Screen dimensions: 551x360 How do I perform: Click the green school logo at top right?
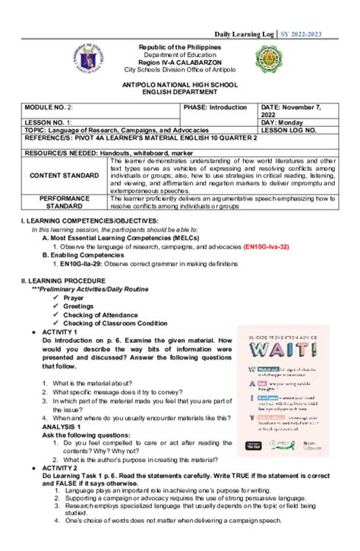pyautogui.click(x=292, y=63)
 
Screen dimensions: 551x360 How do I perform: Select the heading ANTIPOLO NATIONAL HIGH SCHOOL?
pyautogui.click(x=180, y=87)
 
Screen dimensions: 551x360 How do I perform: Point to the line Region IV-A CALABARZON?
pyautogui.click(x=180, y=62)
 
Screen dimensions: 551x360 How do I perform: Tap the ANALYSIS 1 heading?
pyautogui.click(x=54, y=426)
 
